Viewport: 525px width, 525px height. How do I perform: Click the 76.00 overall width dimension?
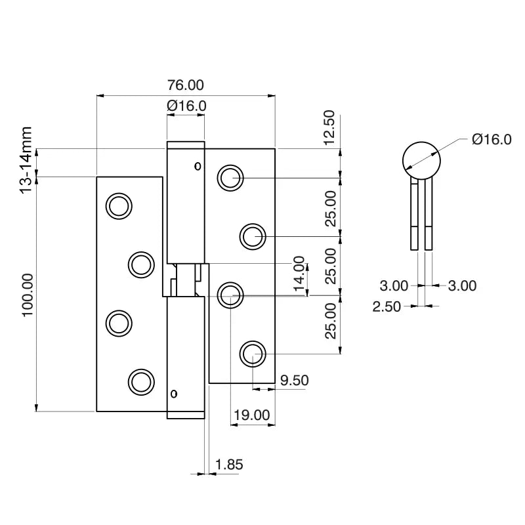[186, 85]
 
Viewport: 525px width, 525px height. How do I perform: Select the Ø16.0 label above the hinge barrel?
[186, 106]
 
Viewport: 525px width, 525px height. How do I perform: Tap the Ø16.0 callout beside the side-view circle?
[492, 139]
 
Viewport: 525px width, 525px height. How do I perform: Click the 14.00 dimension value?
[299, 274]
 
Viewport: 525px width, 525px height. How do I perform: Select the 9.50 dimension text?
[294, 380]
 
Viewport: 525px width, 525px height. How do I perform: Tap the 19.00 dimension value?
[252, 415]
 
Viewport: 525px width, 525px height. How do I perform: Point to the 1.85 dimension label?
[229, 465]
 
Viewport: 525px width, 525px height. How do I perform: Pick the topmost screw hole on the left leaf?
[119, 206]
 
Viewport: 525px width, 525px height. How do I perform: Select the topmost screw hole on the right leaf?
[230, 177]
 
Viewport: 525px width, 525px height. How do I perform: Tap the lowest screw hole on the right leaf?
[252, 355]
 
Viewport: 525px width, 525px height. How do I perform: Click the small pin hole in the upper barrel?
[198, 166]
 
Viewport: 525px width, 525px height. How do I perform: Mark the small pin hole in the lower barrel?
[174, 394]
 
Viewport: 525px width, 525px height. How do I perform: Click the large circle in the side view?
[421, 160]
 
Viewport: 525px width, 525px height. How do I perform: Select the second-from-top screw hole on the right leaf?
[252, 236]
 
